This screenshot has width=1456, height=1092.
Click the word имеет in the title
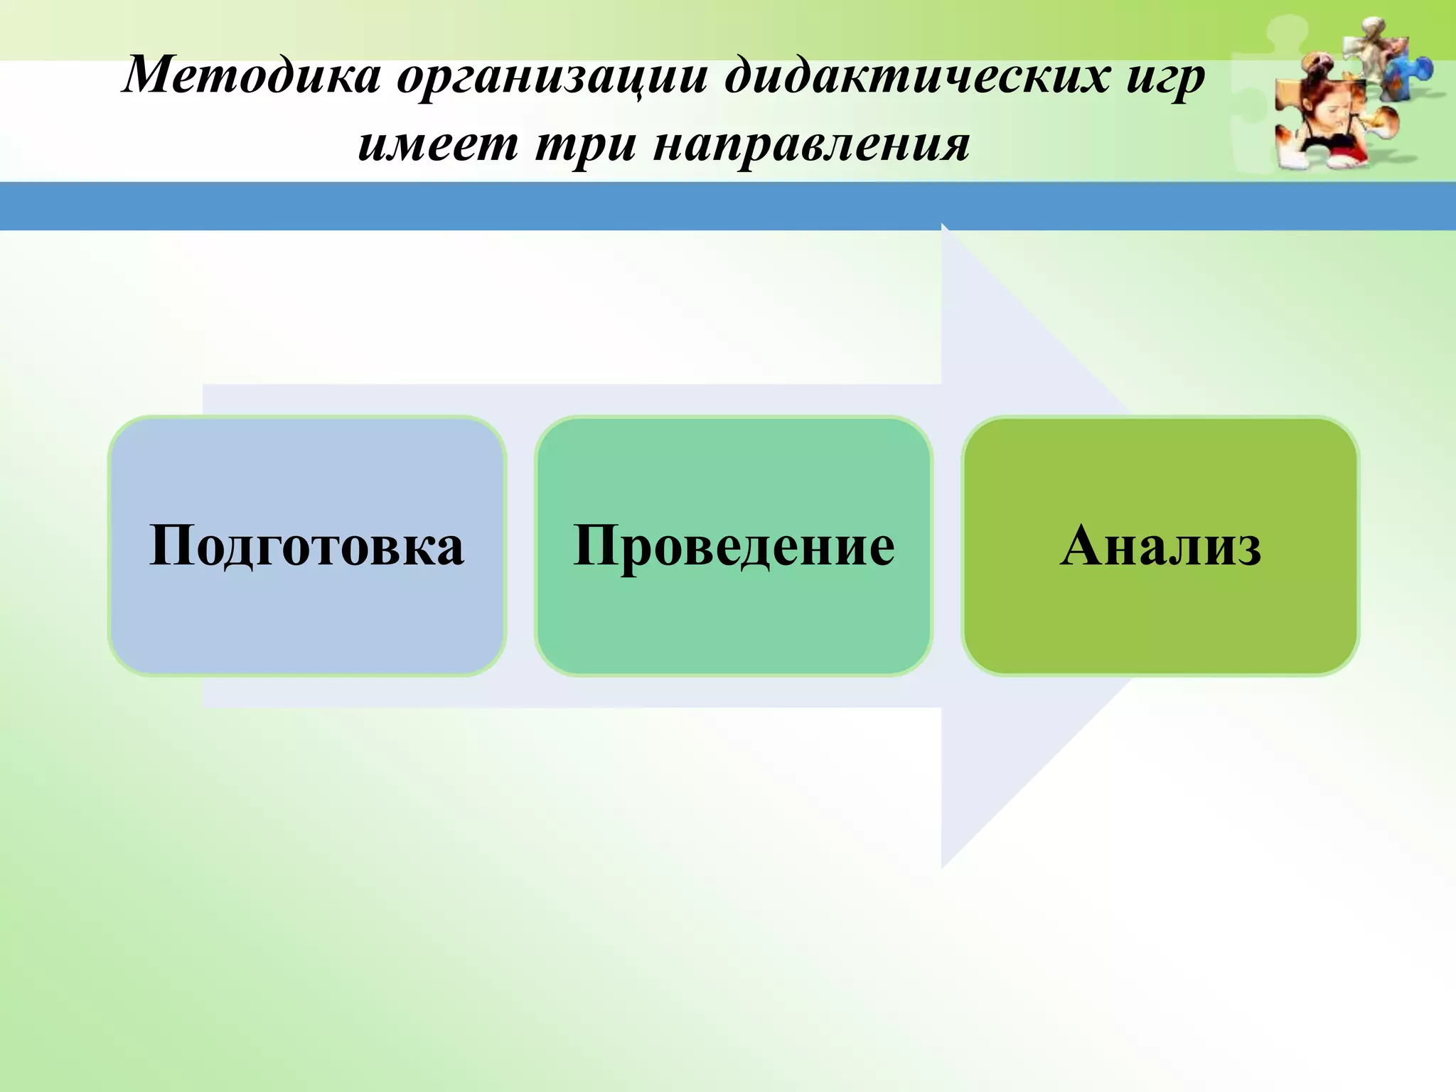pyautogui.click(x=437, y=144)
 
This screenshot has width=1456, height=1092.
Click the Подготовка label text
pyautogui.click(x=306, y=546)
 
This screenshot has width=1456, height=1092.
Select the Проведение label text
pyautogui.click(x=734, y=546)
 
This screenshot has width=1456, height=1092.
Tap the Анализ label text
pyautogui.click(x=1160, y=546)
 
